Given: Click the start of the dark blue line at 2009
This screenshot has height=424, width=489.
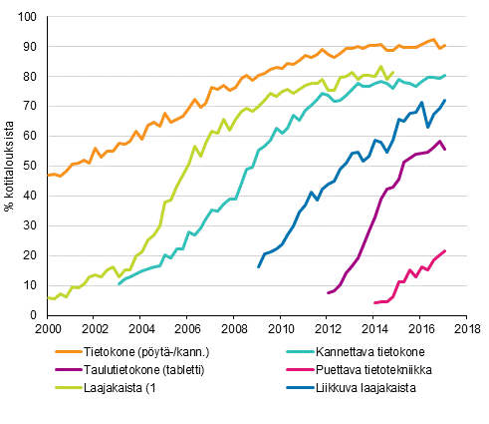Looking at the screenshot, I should (258, 266).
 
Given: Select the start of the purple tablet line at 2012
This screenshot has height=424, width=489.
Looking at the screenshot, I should (328, 292).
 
